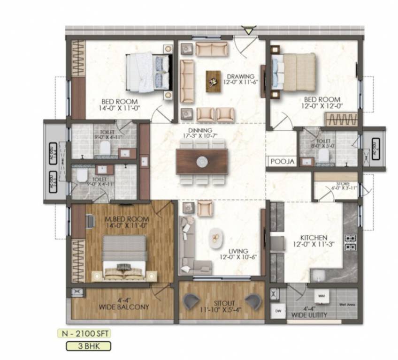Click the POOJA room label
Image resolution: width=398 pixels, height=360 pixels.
click(283, 162)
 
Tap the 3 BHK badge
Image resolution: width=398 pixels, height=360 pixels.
click(88, 346)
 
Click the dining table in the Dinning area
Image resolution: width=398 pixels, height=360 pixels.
click(202, 161)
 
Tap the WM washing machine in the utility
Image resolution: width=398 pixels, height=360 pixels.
click(321, 296)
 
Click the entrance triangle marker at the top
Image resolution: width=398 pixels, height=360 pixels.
click(249, 31)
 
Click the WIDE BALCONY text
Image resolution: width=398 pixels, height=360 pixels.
click(124, 307)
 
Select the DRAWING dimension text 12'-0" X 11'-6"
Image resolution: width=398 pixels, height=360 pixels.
click(241, 83)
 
